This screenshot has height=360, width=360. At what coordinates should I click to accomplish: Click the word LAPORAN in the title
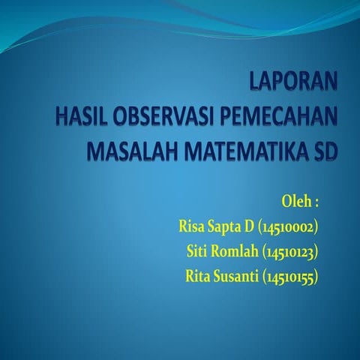coord(293,83)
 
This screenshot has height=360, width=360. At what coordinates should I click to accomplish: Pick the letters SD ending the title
coord(323,151)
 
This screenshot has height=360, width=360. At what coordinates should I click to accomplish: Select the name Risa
coord(193,226)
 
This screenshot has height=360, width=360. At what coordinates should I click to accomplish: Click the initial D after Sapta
coord(250,226)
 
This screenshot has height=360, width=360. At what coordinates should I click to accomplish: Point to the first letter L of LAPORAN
coord(255,83)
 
